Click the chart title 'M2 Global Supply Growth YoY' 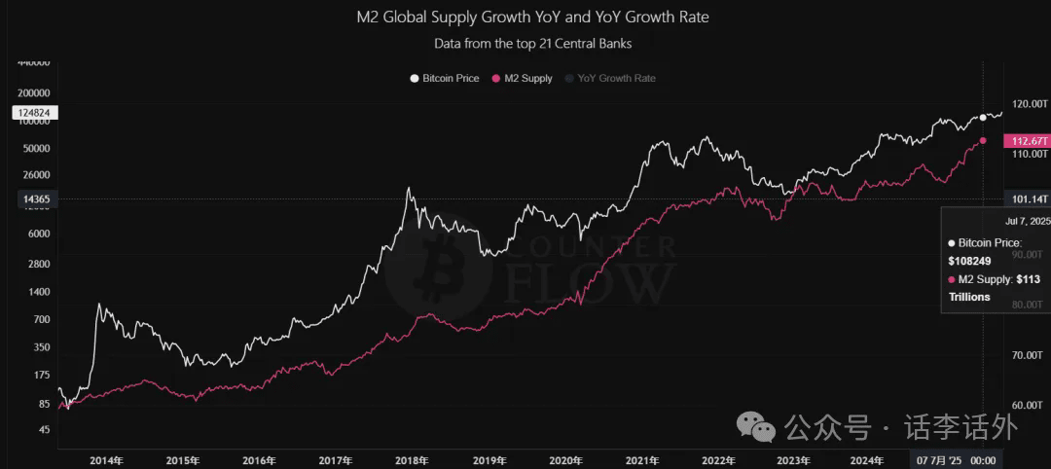coord(532,17)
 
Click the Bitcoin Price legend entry coord(445,78)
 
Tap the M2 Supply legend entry coord(524,78)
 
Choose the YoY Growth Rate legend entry coord(609,78)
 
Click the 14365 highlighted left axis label coord(36,199)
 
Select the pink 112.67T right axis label coord(1027,141)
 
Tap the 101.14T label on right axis coord(1027,199)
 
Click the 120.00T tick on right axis coord(1029,103)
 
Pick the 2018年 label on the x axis coord(410,460)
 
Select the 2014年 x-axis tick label coord(106,460)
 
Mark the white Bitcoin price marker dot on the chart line coord(983,117)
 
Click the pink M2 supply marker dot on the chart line coord(983,141)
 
